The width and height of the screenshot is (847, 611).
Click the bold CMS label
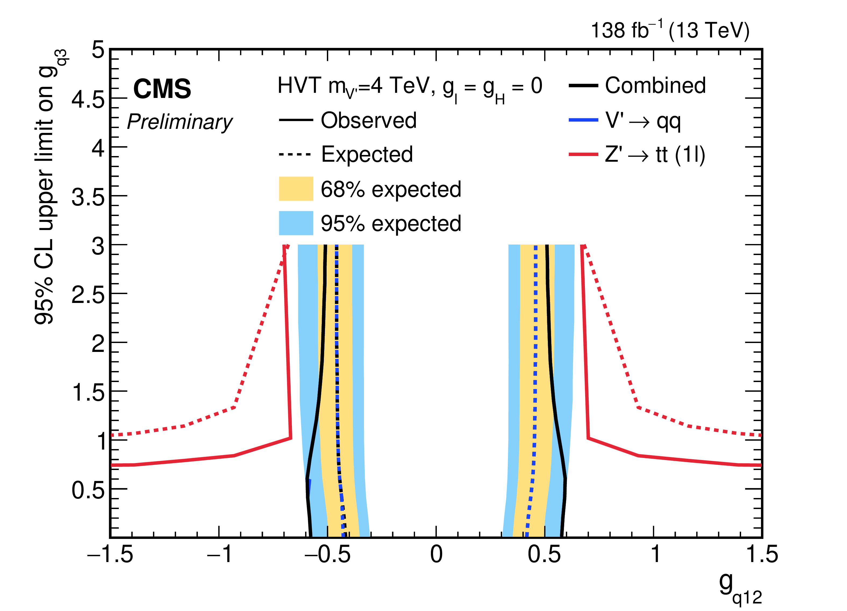(x=162, y=89)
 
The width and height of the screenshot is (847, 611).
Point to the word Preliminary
(x=180, y=122)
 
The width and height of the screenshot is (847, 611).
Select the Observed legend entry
(x=368, y=120)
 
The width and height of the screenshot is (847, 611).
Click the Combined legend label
(x=655, y=86)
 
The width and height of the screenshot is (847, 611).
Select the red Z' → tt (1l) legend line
(x=583, y=154)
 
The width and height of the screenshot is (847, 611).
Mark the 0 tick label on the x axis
(x=436, y=554)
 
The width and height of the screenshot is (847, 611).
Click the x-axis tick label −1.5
(x=110, y=554)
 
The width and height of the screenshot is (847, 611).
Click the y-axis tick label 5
(x=98, y=50)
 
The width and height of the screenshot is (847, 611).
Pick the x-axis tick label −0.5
(x=327, y=554)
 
